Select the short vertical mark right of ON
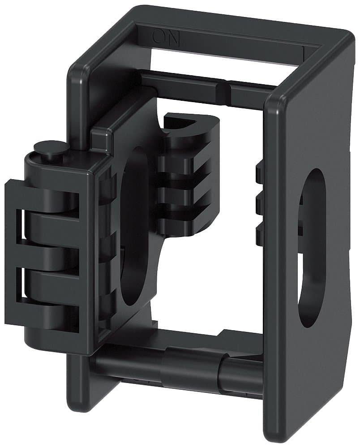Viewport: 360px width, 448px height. pos(305,52)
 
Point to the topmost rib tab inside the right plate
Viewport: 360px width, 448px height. pos(259,172)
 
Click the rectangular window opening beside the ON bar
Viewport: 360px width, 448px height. pos(224,60)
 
